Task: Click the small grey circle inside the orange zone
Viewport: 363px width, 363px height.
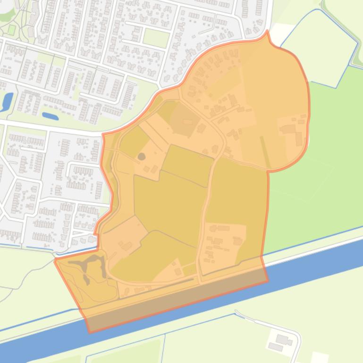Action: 141,156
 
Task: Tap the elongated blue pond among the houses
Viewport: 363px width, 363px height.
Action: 50,115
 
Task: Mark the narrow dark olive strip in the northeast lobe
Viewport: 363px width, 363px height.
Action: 266,151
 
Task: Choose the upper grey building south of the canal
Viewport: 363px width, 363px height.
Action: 282,339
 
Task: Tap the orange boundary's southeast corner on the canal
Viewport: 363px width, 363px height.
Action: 268,281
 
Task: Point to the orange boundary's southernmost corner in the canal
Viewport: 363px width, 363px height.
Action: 90,331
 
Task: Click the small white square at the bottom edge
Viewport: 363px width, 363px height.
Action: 319,358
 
